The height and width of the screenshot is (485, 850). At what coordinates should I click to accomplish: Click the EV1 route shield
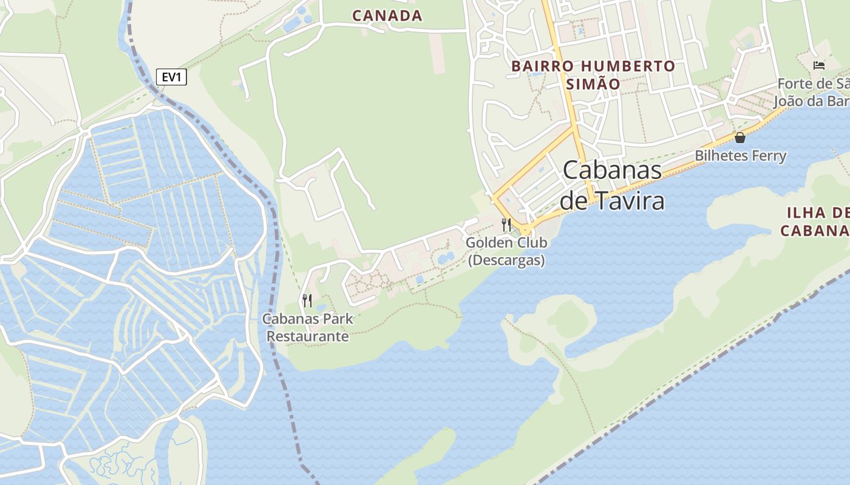[x=171, y=77]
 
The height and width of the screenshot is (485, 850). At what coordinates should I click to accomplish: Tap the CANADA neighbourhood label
[x=387, y=16]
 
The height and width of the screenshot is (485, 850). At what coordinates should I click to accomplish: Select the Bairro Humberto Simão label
[x=593, y=75]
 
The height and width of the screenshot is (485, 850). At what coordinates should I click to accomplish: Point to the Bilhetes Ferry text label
[x=740, y=156]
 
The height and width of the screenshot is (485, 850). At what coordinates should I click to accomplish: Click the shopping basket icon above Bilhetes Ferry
[x=739, y=138]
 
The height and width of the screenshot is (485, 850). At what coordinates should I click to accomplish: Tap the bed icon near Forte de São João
[x=819, y=65]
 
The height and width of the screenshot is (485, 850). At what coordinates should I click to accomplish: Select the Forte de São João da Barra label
[x=814, y=92]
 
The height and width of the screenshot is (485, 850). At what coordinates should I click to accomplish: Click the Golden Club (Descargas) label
[x=506, y=251]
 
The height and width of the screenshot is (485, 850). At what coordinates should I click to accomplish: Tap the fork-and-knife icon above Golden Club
[x=506, y=224]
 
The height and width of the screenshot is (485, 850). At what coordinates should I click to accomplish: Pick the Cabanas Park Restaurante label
[x=308, y=327]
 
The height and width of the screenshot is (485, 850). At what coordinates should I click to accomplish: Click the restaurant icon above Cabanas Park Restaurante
[x=307, y=299]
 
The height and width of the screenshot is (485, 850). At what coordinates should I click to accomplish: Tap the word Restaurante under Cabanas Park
[x=308, y=336]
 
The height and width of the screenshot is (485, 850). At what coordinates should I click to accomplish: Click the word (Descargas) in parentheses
[x=506, y=260]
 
